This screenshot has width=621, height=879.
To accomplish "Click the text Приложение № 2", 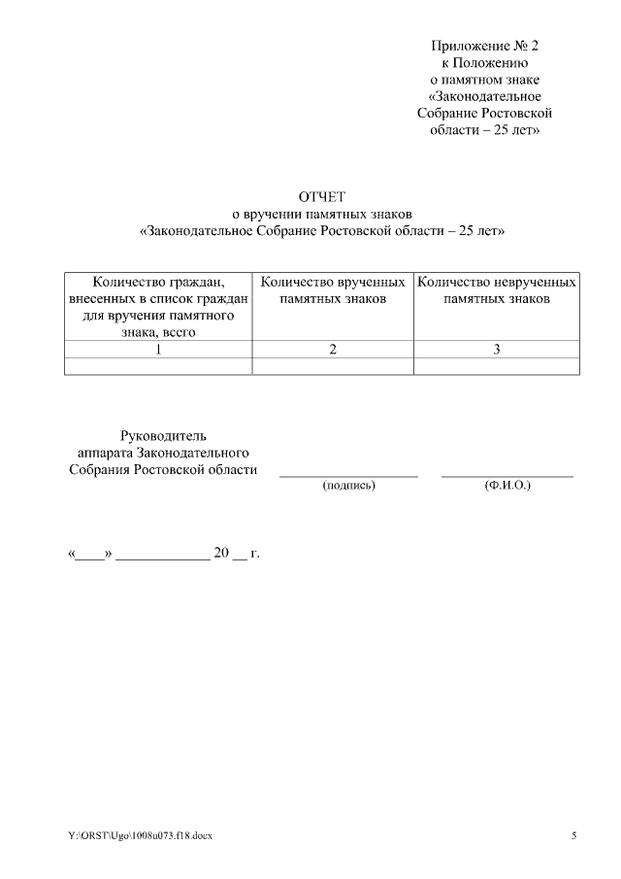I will click(x=483, y=46).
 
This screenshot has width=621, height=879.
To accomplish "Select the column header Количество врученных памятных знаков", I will click(x=333, y=290).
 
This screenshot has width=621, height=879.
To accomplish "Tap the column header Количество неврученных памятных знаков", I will click(x=496, y=290).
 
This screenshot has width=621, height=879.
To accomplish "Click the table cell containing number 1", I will click(x=158, y=350).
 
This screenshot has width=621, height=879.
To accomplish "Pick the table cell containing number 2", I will click(x=333, y=350).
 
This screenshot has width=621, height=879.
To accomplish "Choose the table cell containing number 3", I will click(x=496, y=350).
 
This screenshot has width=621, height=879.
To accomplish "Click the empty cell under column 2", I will click(x=333, y=366).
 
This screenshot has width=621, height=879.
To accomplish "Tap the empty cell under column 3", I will click(x=496, y=366).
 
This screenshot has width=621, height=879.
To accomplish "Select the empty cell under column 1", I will click(x=158, y=366).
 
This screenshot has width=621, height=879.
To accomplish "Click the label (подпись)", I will click(x=348, y=485).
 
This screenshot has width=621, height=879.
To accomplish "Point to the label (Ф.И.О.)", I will click(x=507, y=485).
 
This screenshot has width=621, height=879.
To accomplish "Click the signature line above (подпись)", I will click(x=348, y=476).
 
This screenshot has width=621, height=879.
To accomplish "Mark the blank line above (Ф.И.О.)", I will click(x=507, y=476).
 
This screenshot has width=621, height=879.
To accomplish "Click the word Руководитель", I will click(x=163, y=436).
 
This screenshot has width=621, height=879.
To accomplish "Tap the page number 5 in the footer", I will click(x=573, y=835).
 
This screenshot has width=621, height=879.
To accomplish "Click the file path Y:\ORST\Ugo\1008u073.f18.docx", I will click(x=140, y=835).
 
